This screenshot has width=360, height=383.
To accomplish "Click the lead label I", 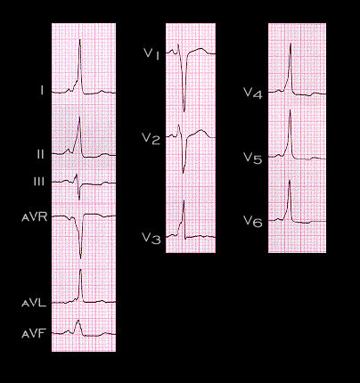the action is (x=42, y=90).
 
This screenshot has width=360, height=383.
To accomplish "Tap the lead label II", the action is (x=40, y=154).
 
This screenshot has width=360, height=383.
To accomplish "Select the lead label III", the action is (x=39, y=182).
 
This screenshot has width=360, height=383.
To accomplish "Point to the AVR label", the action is (x=35, y=217).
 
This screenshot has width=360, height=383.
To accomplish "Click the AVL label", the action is (x=34, y=303).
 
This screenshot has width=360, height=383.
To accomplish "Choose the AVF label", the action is (x=33, y=334).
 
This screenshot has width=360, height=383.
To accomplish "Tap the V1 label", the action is (x=151, y=54).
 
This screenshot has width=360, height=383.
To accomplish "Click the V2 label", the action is (x=151, y=138).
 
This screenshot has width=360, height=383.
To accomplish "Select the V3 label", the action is (x=151, y=238).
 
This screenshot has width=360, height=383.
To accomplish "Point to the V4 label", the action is (x=253, y=93).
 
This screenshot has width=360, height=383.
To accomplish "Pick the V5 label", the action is (x=253, y=158).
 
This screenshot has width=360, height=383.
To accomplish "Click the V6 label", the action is (x=253, y=221).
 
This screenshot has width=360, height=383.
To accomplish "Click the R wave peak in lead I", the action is (x=80, y=39).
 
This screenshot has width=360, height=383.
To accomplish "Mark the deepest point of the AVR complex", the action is (x=80, y=257).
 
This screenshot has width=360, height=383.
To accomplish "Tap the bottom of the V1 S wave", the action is (x=184, y=111).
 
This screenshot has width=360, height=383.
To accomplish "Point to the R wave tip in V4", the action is (x=290, y=44).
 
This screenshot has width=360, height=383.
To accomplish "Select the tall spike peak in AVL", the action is (x=80, y=270).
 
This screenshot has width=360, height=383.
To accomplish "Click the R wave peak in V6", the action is (x=290, y=180).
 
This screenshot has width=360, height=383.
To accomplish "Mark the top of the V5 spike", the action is (x=290, y=110).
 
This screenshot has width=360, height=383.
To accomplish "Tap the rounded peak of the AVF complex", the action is (x=78, y=320).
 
